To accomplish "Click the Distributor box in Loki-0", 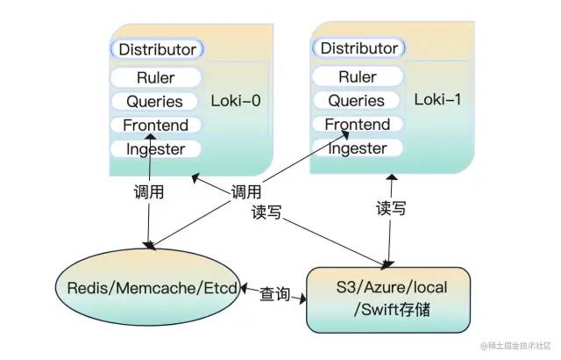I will click(x=157, y=49).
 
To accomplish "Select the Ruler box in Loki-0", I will click(x=155, y=78).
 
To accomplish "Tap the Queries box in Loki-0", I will click(x=155, y=102).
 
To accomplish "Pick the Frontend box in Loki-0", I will click(x=155, y=126).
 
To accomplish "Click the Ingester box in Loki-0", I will click(x=155, y=149).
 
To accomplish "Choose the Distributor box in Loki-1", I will click(x=359, y=48).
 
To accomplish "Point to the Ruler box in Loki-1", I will click(x=358, y=77).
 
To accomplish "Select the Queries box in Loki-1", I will click(x=358, y=101).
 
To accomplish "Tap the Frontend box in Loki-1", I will click(x=358, y=125).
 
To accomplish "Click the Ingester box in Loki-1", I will click(x=358, y=148).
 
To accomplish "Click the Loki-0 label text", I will click(x=236, y=100).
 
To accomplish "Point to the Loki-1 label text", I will click(x=438, y=99).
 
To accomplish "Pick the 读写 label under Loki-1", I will click(x=391, y=209).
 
